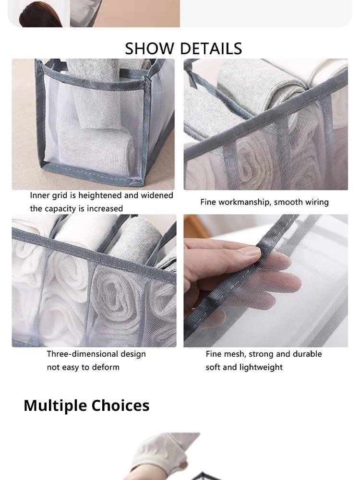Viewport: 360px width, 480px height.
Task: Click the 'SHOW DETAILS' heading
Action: coord(183,48)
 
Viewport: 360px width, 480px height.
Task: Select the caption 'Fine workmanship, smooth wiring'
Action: coord(264,202)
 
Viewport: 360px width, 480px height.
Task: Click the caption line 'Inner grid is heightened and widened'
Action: coord(101,195)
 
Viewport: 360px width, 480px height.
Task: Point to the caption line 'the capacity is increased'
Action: coord(76,208)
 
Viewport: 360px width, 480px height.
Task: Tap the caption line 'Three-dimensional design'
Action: coord(96,354)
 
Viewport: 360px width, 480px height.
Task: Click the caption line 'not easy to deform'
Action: coord(83,367)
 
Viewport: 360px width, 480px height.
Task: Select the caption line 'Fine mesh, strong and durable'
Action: coord(264,354)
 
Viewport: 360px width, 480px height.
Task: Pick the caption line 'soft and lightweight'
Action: coord(244,367)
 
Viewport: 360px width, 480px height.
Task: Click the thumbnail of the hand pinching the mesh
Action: coord(265,281)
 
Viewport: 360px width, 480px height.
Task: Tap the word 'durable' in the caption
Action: coord(306,354)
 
